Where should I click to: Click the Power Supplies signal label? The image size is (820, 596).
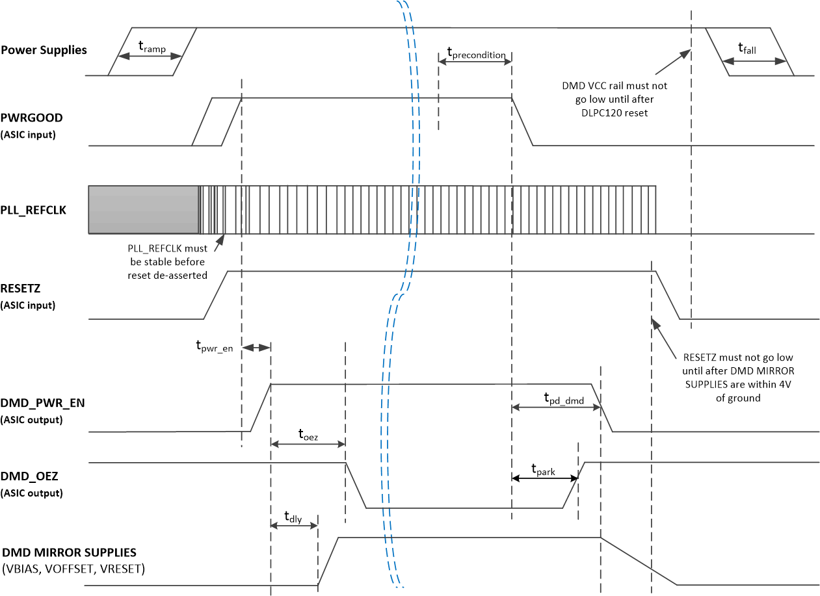point(44,50)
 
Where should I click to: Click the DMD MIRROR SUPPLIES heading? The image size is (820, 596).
point(69,552)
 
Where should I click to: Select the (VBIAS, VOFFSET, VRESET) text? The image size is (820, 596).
point(73,569)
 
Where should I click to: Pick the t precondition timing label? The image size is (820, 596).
point(476,54)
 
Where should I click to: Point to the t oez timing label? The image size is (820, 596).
point(308,435)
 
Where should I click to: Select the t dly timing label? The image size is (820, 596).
point(293,517)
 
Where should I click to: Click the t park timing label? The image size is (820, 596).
point(543,470)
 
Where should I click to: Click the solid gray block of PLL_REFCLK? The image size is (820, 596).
point(144,209)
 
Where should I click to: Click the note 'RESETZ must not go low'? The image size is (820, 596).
point(738,377)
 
